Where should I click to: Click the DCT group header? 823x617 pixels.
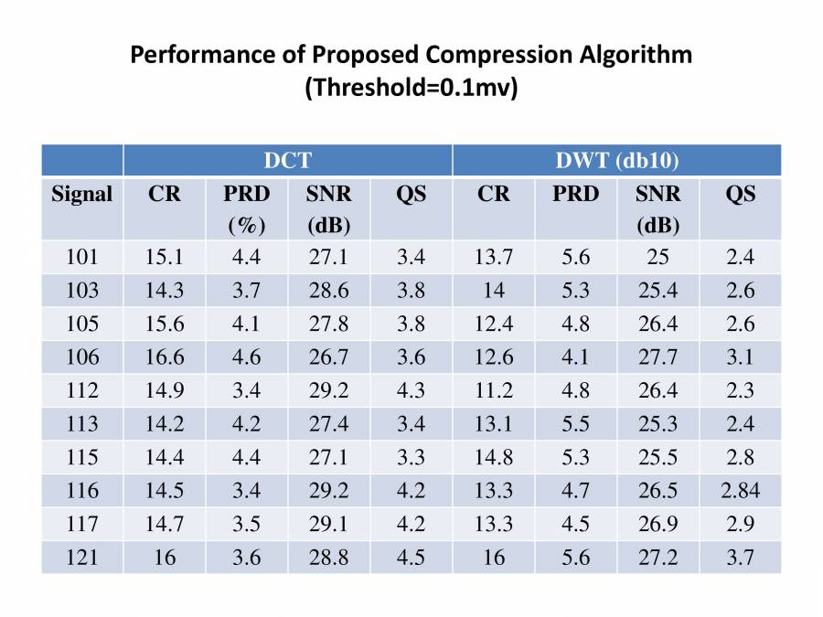tap(287, 161)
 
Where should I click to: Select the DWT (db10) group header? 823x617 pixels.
tap(616, 161)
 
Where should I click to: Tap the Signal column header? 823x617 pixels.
tap(82, 194)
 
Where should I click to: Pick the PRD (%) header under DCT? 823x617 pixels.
tap(246, 208)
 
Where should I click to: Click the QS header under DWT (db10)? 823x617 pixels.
tap(740, 194)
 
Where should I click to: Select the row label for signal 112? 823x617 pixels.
tap(82, 390)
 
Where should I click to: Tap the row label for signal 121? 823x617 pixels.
tap(82, 558)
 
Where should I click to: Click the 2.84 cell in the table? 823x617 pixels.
tap(740, 491)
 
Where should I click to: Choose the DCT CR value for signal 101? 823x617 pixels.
tap(165, 257)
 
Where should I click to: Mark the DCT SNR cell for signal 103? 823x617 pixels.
tap(328, 291)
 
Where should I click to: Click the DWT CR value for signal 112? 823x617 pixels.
tap(493, 390)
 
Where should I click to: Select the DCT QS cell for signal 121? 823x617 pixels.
tap(411, 558)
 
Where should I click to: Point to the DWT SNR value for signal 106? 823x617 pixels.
tap(657, 357)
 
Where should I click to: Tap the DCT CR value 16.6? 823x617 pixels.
tap(165, 357)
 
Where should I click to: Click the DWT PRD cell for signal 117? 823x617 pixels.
tap(575, 525)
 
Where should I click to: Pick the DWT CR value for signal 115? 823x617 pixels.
tap(493, 457)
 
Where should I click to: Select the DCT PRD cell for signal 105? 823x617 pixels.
tap(246, 324)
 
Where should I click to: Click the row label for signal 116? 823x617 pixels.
tap(82, 491)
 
